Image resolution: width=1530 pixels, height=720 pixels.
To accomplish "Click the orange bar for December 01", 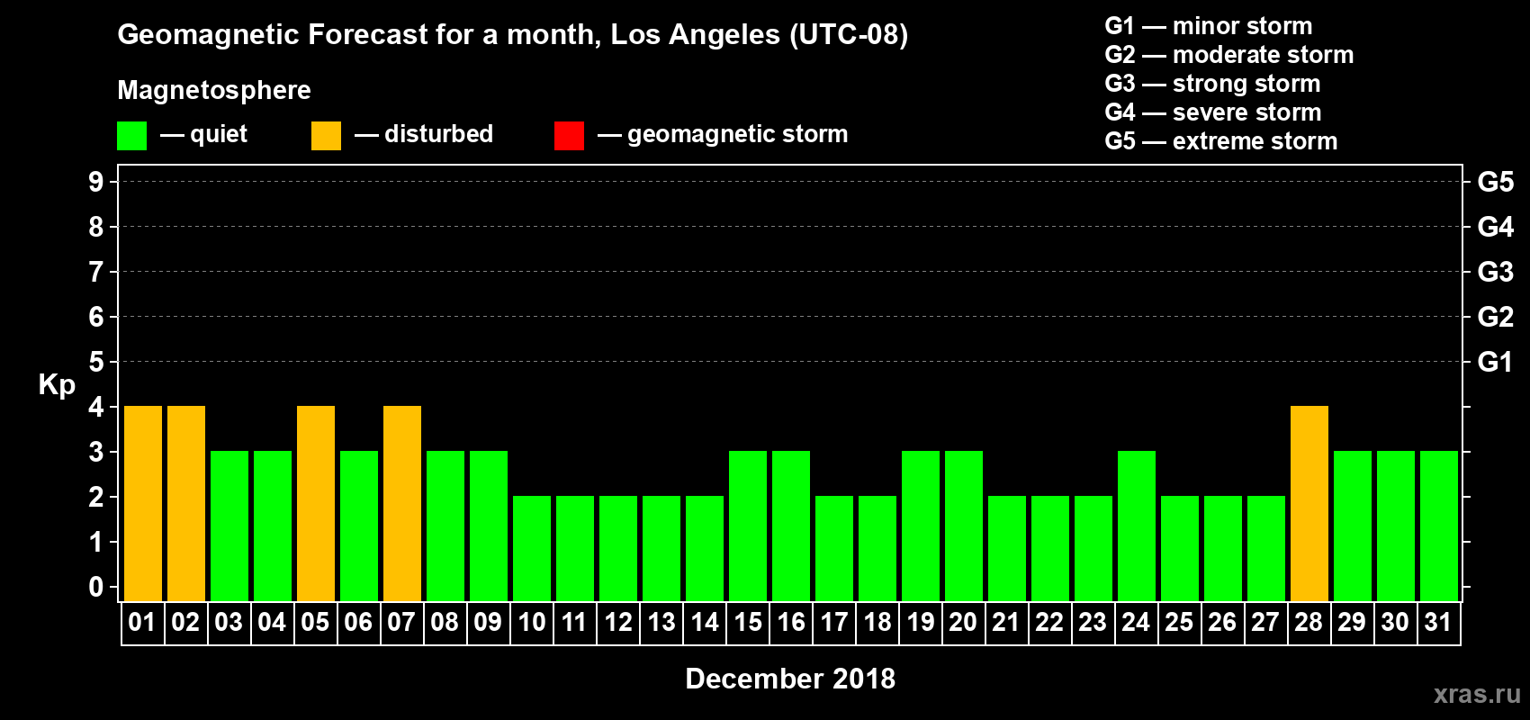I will coord(143,503).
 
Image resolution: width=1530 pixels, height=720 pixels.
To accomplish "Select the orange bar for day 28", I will coord(1309,503).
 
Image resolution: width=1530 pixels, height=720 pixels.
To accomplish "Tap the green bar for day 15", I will coord(748,526).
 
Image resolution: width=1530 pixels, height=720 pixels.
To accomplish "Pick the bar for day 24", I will coord(1137,526).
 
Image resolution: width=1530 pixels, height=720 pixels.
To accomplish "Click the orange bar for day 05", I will coord(316,503).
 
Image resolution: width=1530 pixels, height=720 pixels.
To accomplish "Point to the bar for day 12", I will coord(618,548).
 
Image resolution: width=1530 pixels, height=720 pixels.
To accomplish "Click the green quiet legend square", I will coord(132,136).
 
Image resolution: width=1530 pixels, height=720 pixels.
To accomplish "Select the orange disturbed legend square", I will coord(326,136).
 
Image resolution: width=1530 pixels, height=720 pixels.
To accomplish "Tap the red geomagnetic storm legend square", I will coord(569,136).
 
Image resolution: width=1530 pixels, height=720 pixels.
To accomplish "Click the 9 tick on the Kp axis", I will coord(96,182).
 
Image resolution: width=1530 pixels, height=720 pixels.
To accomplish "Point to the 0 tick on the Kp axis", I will coord(96,587).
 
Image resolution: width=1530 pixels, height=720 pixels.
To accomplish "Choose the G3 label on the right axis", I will coord(1495,272).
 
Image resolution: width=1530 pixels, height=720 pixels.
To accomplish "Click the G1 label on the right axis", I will coord(1495,362).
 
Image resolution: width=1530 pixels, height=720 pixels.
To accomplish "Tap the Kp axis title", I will coord(57,384).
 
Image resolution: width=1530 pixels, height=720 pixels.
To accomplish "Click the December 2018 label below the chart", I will coord(790,679).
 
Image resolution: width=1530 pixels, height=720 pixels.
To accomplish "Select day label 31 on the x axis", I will coord(1438,622).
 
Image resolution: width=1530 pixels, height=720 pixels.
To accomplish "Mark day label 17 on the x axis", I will coord(834,622).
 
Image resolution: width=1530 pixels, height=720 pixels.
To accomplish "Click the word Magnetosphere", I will coord(214,90).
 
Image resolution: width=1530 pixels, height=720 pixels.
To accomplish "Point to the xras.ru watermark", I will coord(1477,694).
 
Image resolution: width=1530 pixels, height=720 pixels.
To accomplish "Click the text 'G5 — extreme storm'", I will coord(1220,141).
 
